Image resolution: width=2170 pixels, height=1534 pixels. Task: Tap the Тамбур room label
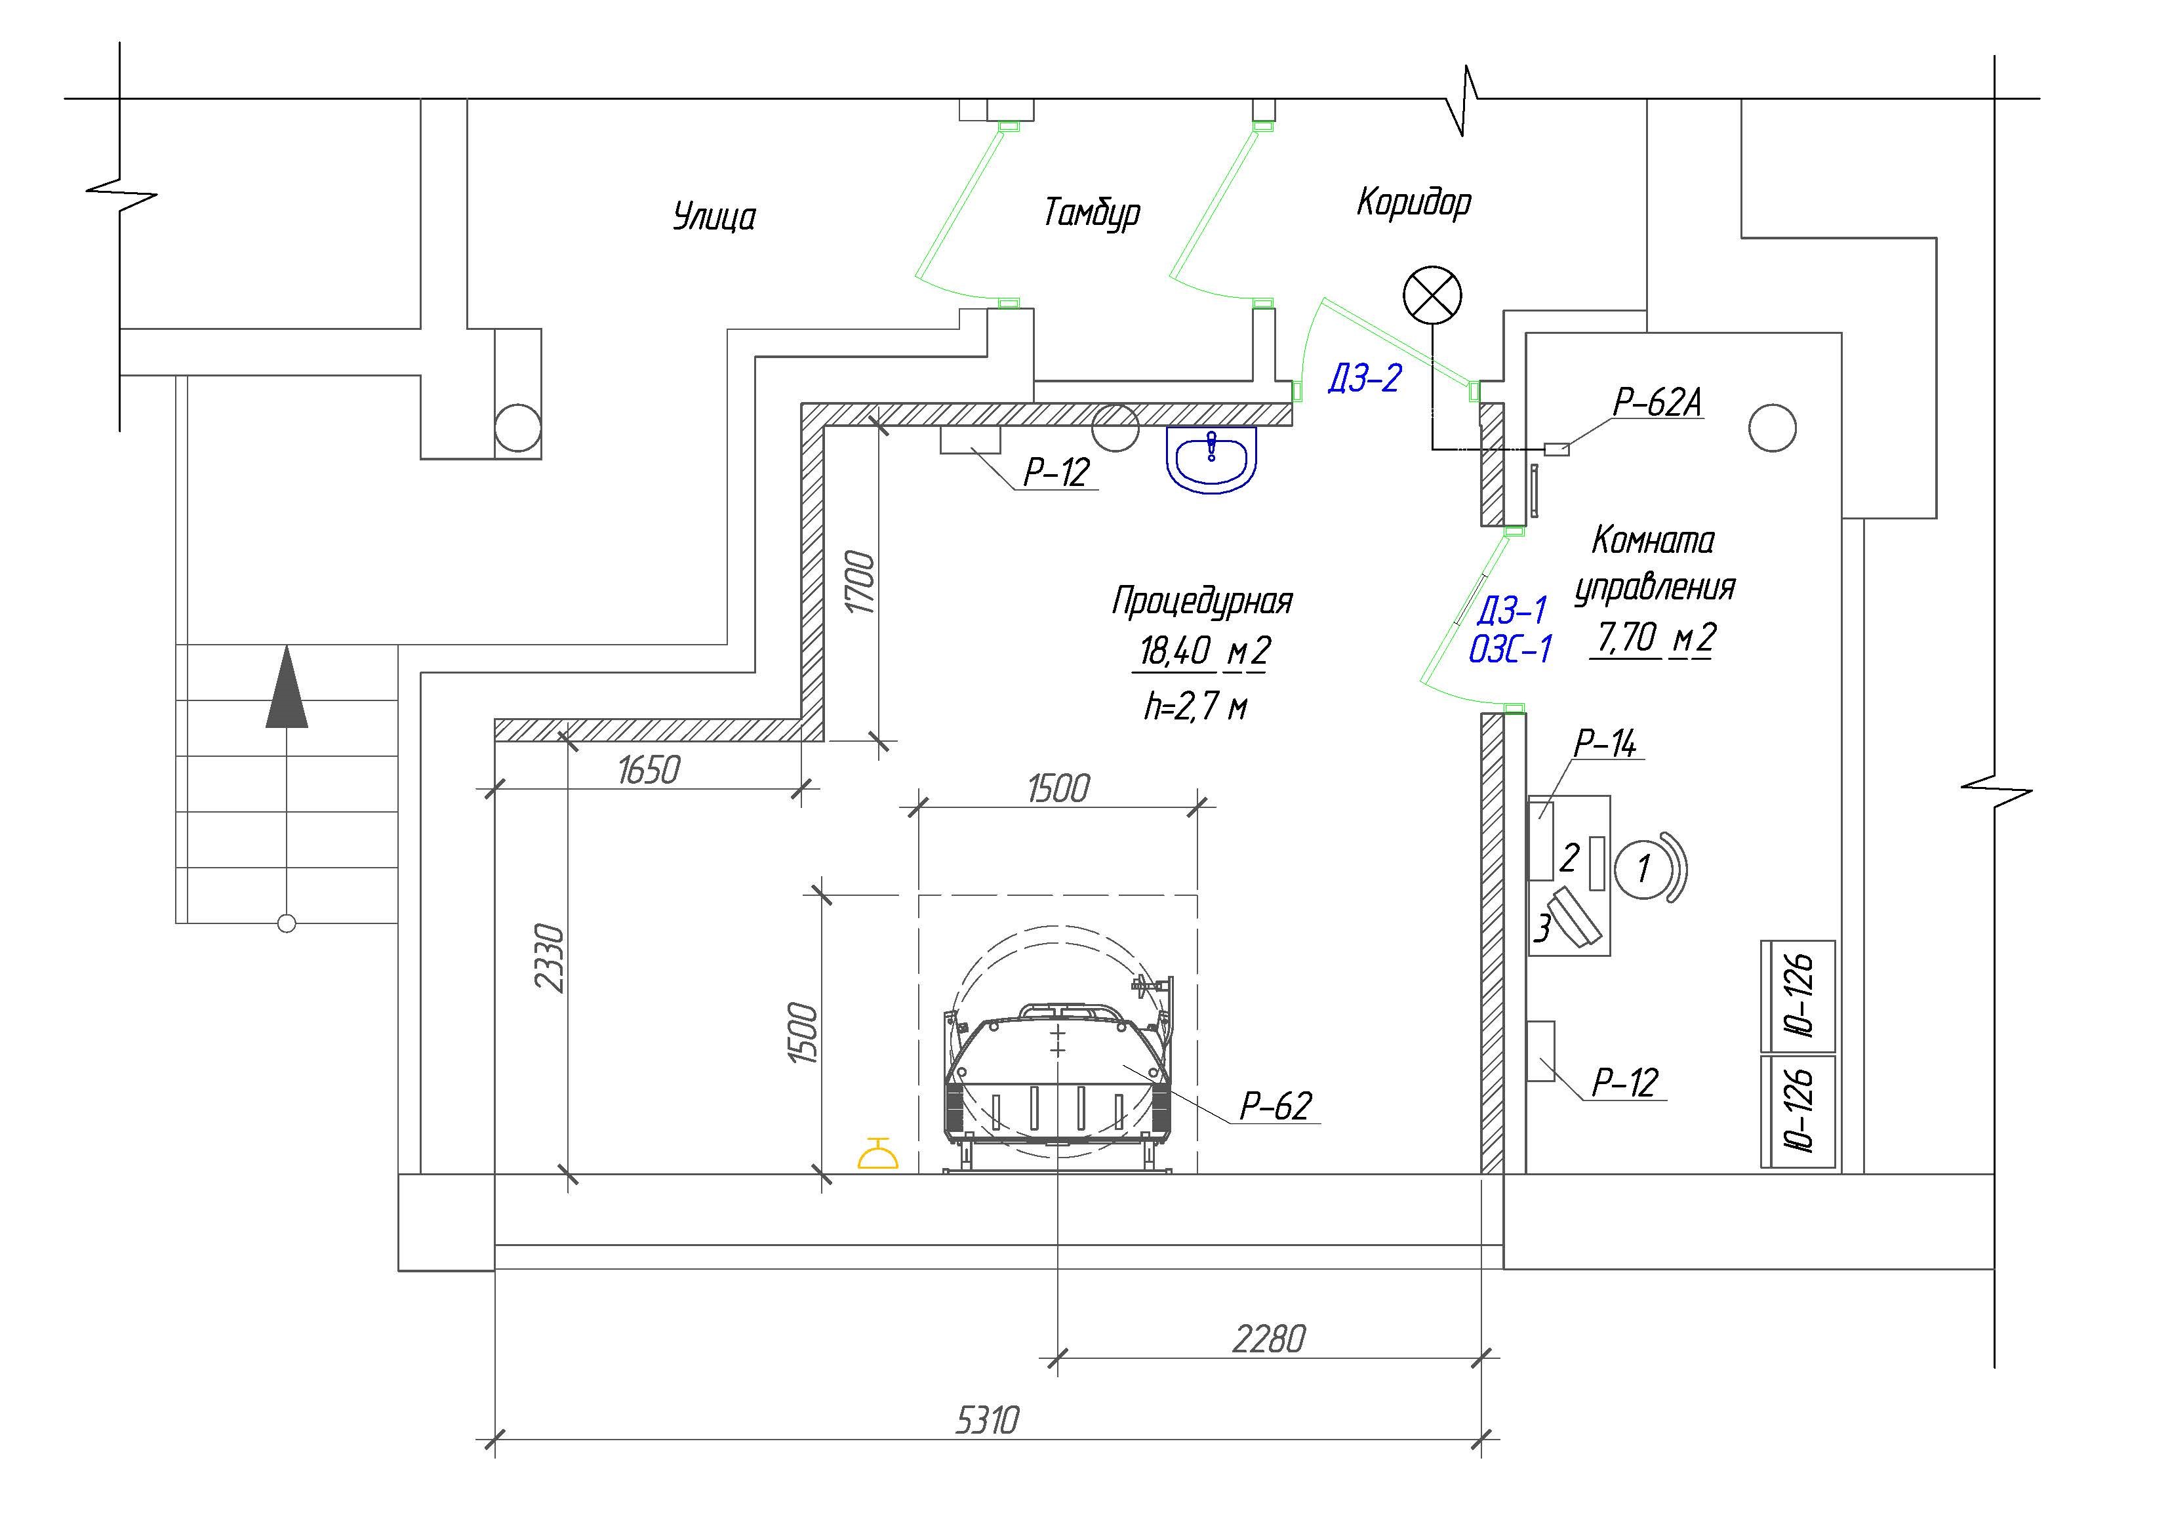(1092, 212)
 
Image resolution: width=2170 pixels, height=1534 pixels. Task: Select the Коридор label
(1414, 202)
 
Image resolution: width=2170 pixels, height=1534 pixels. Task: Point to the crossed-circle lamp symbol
(1432, 296)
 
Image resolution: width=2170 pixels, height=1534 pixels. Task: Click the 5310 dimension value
(987, 1421)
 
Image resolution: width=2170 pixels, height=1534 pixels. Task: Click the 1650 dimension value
(649, 771)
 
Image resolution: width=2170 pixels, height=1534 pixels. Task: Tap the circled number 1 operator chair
(1643, 868)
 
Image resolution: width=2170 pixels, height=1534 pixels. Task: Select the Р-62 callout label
(1276, 1105)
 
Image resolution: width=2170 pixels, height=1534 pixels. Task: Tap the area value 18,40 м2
(1202, 651)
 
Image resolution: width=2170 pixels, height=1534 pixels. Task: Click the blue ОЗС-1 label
(1510, 649)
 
